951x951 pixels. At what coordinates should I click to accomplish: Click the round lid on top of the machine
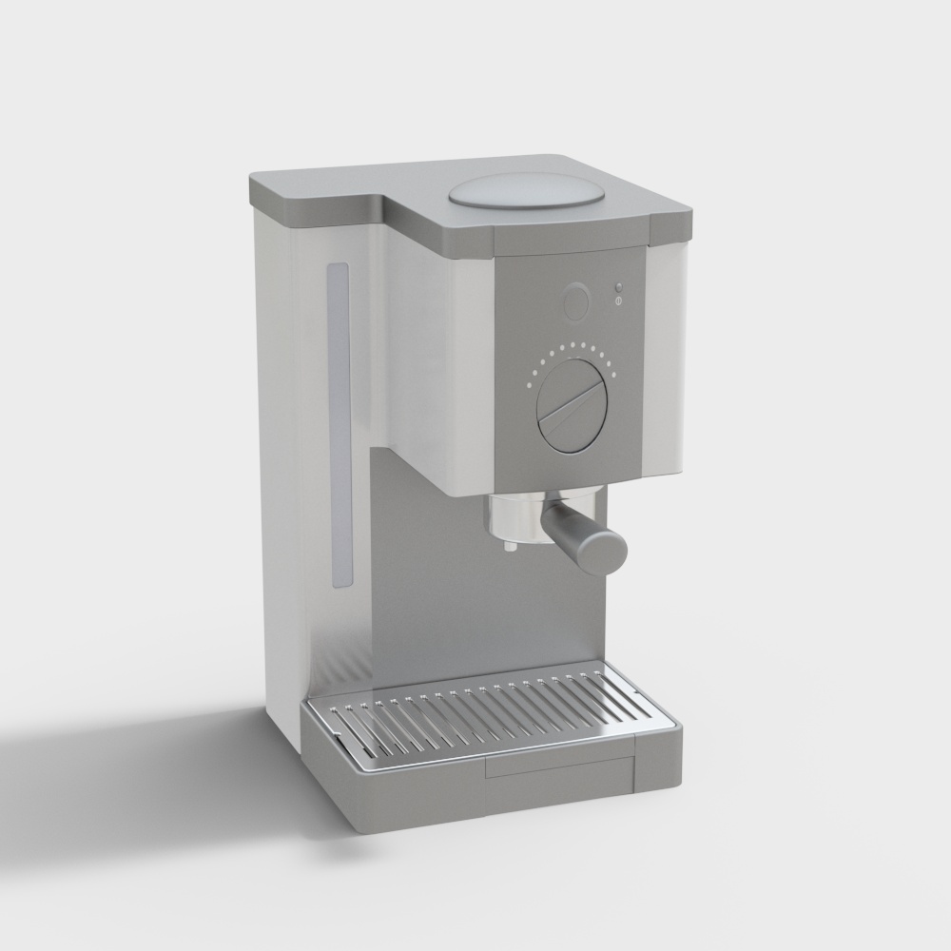click(x=527, y=191)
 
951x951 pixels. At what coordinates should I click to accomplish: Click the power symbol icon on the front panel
click(x=618, y=301)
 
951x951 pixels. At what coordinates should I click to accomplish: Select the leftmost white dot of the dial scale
click(x=526, y=385)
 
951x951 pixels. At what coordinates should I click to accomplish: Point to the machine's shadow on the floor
click(x=143, y=751)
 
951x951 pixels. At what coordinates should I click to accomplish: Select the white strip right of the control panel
click(x=666, y=361)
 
